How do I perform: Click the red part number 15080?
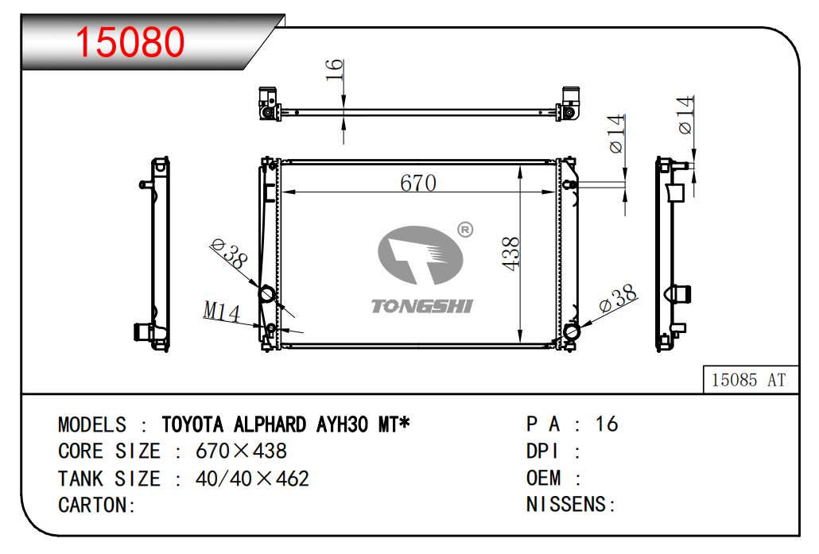pyautogui.click(x=130, y=42)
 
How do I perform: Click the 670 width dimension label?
pyautogui.click(x=418, y=183)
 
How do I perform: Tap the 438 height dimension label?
pyautogui.click(x=510, y=254)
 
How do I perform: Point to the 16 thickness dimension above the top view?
pyautogui.click(x=334, y=70)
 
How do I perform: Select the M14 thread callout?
pyautogui.click(x=222, y=312)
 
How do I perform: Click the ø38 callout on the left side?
pyautogui.click(x=229, y=254)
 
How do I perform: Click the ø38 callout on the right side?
pyautogui.click(x=617, y=298)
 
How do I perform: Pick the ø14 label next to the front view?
pyautogui.click(x=616, y=134)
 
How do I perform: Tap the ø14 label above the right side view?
pyautogui.click(x=685, y=115)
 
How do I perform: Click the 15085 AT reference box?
pyautogui.click(x=751, y=379)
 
